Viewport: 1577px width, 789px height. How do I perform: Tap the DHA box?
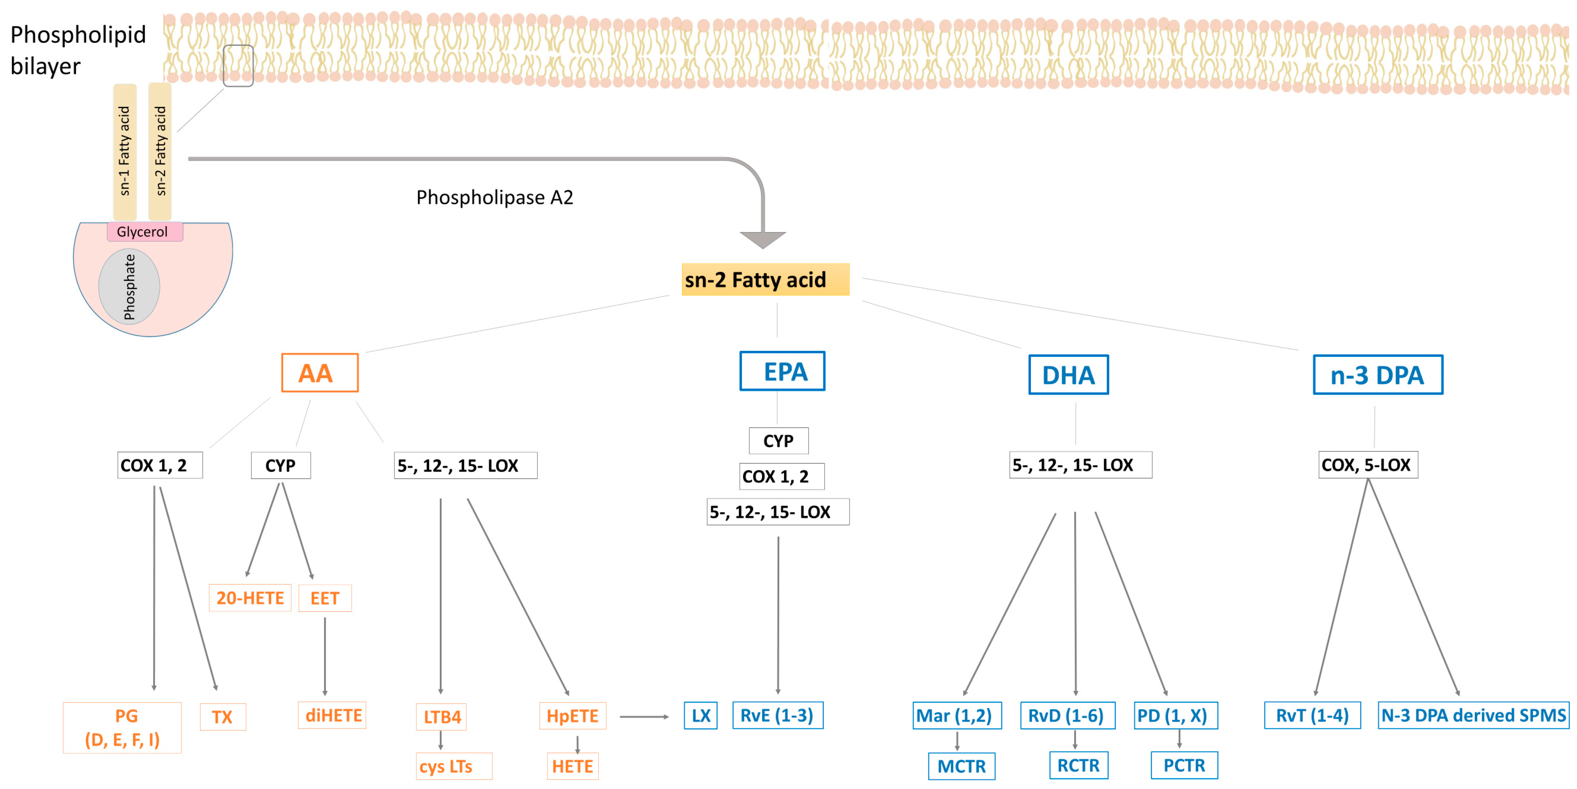[1068, 374]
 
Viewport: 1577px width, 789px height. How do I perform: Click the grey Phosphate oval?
[129, 286]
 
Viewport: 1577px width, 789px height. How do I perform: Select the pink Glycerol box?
[145, 231]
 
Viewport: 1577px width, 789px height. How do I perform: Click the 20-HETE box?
[250, 598]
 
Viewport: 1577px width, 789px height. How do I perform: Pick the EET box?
[325, 598]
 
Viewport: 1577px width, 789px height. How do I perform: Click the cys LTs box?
[453, 766]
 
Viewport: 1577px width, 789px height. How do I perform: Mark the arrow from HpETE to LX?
[643, 716]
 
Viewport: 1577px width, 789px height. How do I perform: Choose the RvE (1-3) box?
[777, 715]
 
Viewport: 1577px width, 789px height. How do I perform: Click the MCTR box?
[961, 766]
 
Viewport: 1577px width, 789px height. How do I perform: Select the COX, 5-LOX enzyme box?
[1367, 465]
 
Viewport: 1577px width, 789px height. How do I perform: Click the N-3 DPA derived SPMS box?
[1472, 715]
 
